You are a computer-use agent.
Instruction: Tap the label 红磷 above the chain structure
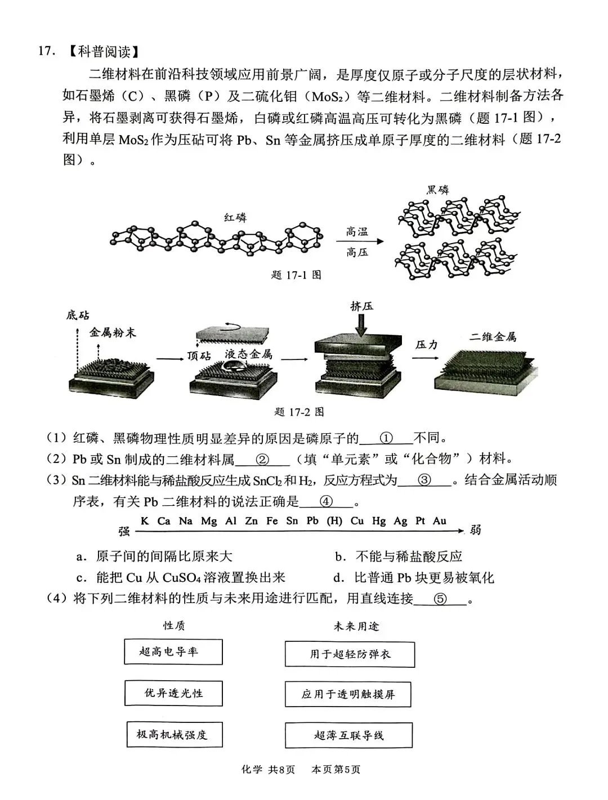point(235,217)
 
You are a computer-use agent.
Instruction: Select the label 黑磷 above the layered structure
point(437,190)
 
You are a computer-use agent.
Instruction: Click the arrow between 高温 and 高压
point(360,241)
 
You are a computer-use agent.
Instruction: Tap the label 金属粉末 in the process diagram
point(113,333)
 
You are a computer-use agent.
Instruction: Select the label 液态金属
point(248,354)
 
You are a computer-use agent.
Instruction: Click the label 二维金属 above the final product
point(493,337)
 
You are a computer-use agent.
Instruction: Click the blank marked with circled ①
point(386,438)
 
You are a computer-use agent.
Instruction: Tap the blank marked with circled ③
point(424,480)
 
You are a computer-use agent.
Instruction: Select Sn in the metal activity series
point(292,521)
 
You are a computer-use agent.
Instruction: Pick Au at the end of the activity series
point(439,521)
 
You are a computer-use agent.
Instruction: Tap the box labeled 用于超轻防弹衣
point(350,654)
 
